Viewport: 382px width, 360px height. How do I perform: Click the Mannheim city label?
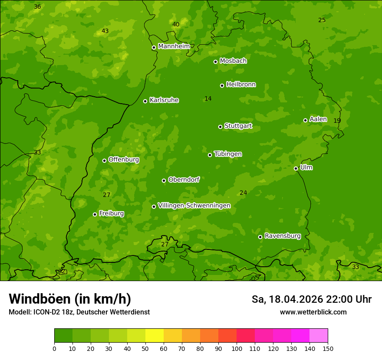pyautogui.click(x=174, y=46)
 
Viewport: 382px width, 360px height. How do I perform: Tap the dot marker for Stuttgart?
pyautogui.click(x=220, y=127)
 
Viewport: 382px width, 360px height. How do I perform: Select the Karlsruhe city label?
pyautogui.click(x=164, y=100)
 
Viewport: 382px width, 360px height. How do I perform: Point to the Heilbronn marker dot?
pyautogui.click(x=222, y=85)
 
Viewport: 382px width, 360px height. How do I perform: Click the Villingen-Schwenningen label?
pyautogui.click(x=194, y=206)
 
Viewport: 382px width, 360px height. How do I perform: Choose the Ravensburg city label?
pyautogui.click(x=282, y=236)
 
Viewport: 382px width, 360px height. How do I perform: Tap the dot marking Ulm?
pyautogui.click(x=296, y=168)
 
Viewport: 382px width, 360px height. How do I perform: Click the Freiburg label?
pyautogui.click(x=111, y=213)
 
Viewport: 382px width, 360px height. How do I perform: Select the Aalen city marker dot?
pyautogui.click(x=305, y=120)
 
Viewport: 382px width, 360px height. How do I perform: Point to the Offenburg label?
pyautogui.click(x=123, y=160)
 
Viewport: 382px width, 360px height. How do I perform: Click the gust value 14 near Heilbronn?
pyautogui.click(x=208, y=99)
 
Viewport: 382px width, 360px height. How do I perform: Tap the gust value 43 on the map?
pyautogui.click(x=105, y=31)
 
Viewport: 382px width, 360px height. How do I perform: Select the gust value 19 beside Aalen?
pyautogui.click(x=337, y=121)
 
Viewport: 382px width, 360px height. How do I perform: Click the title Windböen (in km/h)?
pyautogui.click(x=70, y=299)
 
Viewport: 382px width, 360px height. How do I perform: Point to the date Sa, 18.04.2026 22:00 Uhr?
pyautogui.click(x=311, y=299)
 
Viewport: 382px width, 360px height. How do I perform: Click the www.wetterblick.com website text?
pyautogui.click(x=313, y=312)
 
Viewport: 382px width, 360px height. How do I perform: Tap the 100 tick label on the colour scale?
pyautogui.click(x=237, y=348)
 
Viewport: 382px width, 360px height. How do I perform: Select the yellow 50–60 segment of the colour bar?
pyautogui.click(x=155, y=336)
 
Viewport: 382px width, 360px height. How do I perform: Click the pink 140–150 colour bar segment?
pyautogui.click(x=319, y=336)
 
